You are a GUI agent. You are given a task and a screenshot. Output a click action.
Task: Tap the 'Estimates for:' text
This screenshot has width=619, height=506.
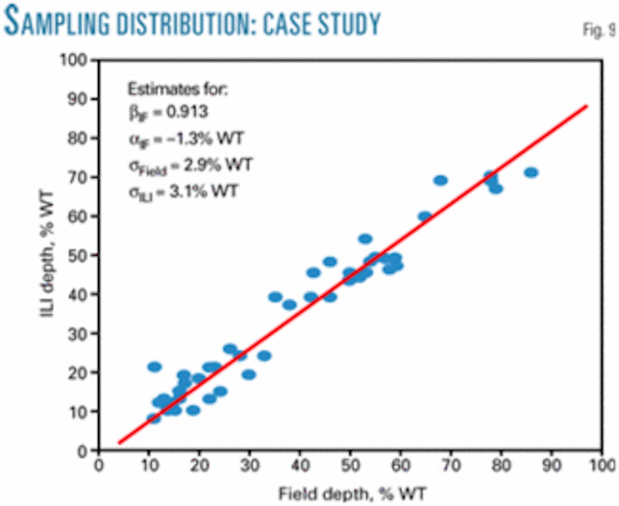(x=177, y=89)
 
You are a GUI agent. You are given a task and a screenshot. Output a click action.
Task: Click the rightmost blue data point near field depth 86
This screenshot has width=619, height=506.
(x=531, y=173)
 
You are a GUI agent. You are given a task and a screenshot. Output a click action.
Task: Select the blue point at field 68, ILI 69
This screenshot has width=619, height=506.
(x=441, y=180)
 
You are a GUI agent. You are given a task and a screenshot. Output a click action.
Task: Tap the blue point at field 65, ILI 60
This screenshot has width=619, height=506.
(x=425, y=216)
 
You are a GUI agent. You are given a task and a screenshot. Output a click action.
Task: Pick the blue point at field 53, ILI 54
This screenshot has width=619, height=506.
(x=365, y=239)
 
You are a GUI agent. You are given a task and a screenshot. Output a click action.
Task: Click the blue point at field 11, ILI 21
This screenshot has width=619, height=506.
(x=154, y=367)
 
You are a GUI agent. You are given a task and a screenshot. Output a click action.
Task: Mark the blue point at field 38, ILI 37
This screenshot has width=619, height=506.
(x=289, y=305)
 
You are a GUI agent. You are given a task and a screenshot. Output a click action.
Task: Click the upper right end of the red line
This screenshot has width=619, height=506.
(x=586, y=106)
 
